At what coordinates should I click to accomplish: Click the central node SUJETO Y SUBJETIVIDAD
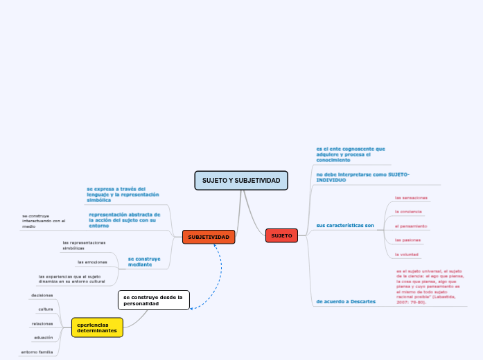click(x=241, y=181)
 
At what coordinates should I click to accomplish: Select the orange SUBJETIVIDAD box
click(x=208, y=237)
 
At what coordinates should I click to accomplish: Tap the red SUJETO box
click(x=281, y=236)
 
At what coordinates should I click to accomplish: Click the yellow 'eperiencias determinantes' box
click(x=97, y=327)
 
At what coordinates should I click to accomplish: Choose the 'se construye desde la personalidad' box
click(x=153, y=300)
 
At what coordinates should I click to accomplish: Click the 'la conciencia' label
click(x=408, y=211)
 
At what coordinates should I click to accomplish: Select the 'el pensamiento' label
click(x=410, y=226)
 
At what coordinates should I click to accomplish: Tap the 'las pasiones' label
click(x=408, y=240)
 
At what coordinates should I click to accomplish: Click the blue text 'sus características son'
click(x=344, y=226)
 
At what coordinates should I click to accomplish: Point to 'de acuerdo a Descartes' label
click(x=346, y=302)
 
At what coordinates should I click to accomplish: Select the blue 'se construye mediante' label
click(x=144, y=262)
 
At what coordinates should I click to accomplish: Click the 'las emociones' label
click(x=92, y=262)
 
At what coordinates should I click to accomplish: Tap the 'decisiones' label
click(x=42, y=295)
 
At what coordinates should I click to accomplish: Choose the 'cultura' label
click(x=46, y=309)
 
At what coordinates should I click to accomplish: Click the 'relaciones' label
click(x=42, y=323)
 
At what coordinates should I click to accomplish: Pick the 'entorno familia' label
click(x=37, y=352)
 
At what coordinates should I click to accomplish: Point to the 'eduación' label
click(x=43, y=337)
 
